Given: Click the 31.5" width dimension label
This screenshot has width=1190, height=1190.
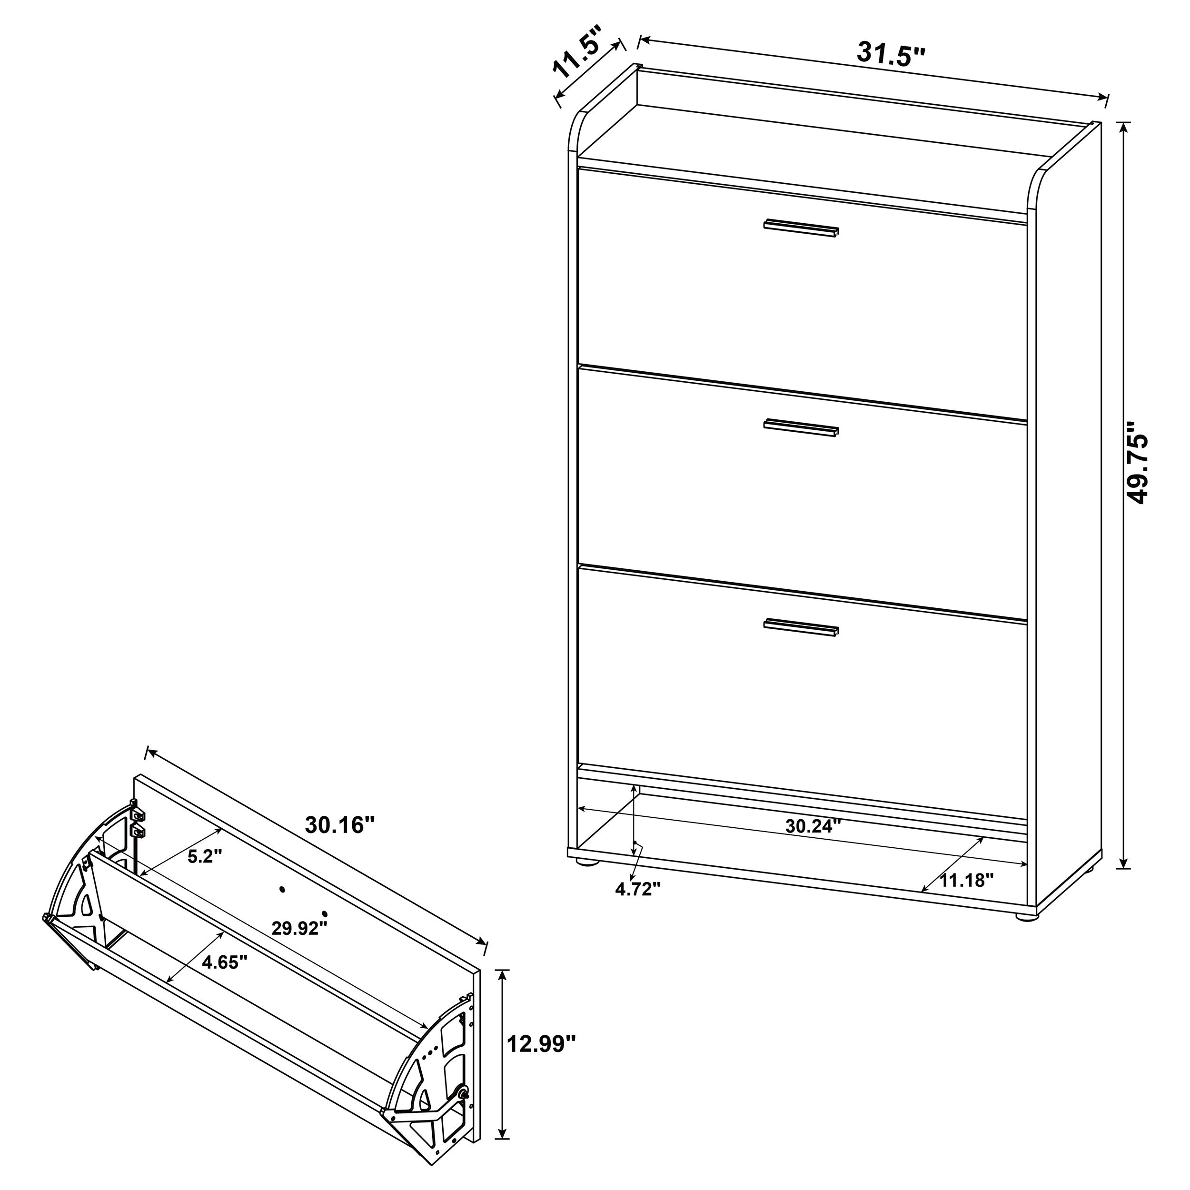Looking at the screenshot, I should [891, 55].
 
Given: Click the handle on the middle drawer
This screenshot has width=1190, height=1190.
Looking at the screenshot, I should [801, 427].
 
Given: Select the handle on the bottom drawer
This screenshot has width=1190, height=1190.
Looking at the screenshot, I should [801, 627].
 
